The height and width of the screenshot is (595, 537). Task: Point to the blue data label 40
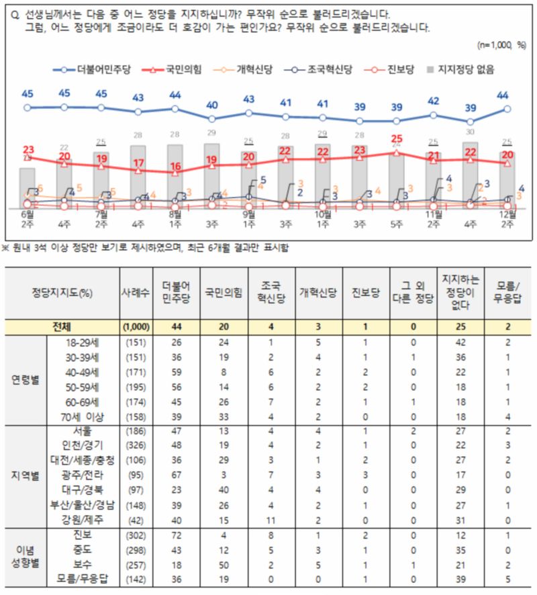(x=211, y=105)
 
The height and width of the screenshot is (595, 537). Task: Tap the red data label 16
(x=175, y=166)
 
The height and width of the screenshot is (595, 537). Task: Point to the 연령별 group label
(x=26, y=379)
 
